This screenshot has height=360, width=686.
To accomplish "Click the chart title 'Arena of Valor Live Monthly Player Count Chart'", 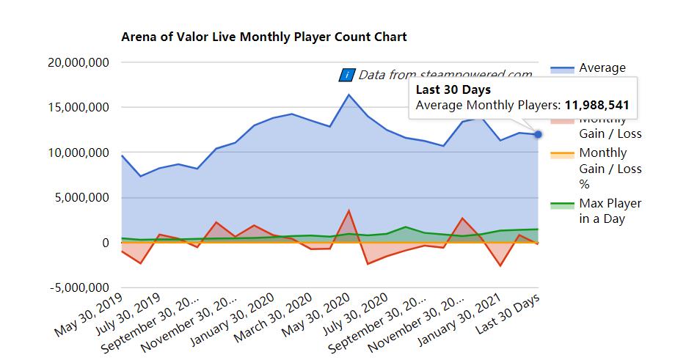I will [264, 36].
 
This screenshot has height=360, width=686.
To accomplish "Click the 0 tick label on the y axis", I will [106, 243].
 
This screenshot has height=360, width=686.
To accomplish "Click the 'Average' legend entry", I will [602, 68].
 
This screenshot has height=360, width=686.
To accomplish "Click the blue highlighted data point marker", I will [538, 134].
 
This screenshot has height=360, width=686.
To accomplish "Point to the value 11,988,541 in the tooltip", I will [597, 106].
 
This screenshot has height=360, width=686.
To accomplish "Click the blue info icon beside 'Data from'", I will [347, 75].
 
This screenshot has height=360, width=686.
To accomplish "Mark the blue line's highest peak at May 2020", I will [349, 95].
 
